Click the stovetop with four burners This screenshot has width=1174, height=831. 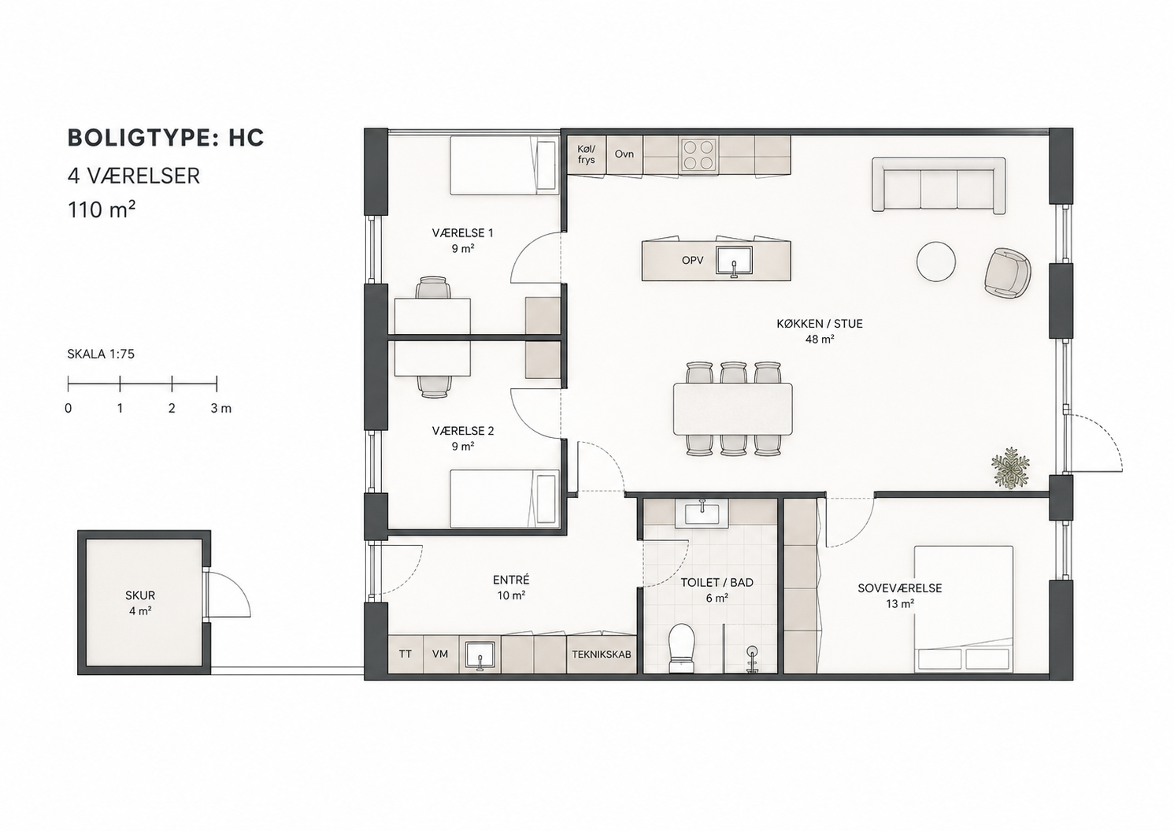[x=698, y=154]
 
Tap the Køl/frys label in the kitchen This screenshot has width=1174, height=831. [x=587, y=154]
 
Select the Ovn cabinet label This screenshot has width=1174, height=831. [x=624, y=154]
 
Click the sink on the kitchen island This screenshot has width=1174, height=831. [x=735, y=261]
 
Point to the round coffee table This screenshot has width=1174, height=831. [x=936, y=261]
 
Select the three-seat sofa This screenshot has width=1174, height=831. [x=939, y=186]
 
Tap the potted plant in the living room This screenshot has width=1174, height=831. [x=1010, y=468]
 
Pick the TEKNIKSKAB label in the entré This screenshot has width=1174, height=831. [x=601, y=655]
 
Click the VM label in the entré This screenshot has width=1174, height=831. [x=440, y=654]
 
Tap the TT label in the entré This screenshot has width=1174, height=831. [x=406, y=654]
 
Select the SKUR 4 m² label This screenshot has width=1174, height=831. [x=140, y=603]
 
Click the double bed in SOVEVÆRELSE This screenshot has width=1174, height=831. [x=963, y=609]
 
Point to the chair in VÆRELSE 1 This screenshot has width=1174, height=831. [x=433, y=288]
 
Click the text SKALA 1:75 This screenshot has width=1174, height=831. [x=101, y=354]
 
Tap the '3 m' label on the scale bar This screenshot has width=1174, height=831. [x=220, y=408]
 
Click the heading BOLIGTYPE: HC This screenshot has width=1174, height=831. [x=165, y=138]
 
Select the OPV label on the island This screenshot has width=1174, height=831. [x=692, y=260]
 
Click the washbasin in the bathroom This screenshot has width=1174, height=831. [x=702, y=513]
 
